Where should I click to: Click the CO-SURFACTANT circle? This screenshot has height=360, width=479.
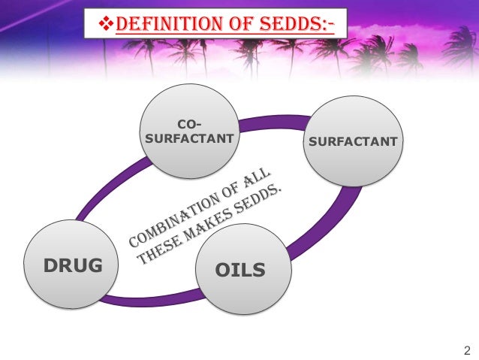(x=188, y=131)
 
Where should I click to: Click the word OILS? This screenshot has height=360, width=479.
(x=240, y=269)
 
